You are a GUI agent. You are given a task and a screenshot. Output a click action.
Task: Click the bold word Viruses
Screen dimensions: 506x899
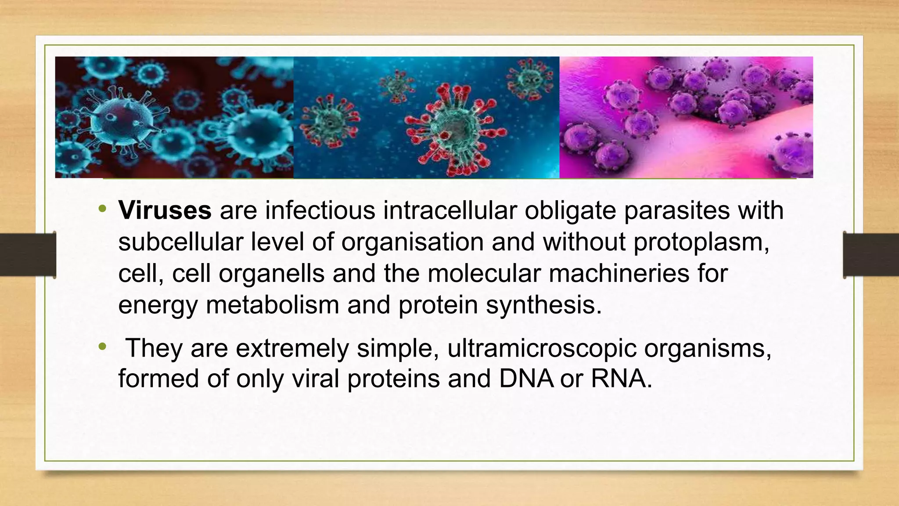[165, 210]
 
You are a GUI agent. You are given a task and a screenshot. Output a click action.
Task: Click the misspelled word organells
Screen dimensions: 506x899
[271, 273]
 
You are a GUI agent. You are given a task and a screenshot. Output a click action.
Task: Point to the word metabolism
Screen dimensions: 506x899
[272, 305]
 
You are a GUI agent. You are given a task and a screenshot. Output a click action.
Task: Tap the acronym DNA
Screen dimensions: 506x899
[526, 379]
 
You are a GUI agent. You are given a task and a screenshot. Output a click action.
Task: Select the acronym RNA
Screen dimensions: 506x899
[619, 379]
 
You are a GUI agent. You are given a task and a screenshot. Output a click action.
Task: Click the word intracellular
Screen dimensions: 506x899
[450, 210]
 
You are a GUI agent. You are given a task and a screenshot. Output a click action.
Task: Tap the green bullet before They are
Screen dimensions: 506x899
[102, 347]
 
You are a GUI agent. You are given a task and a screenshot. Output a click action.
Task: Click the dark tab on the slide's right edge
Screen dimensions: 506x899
[871, 255]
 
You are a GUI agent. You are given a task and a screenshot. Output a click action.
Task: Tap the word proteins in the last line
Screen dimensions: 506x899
[393, 379]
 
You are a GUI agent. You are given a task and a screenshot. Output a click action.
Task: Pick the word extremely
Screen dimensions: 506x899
[292, 348]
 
